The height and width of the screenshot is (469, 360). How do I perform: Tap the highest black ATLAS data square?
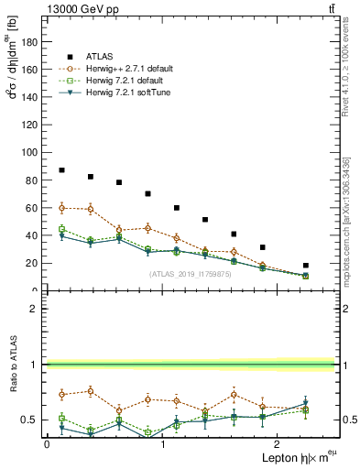coord(61,170)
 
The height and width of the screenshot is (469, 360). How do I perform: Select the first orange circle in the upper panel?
coord(61,208)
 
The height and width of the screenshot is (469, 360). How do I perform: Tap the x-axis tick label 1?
coord(163,444)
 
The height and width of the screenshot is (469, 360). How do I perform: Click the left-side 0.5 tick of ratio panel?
coord(33,420)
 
